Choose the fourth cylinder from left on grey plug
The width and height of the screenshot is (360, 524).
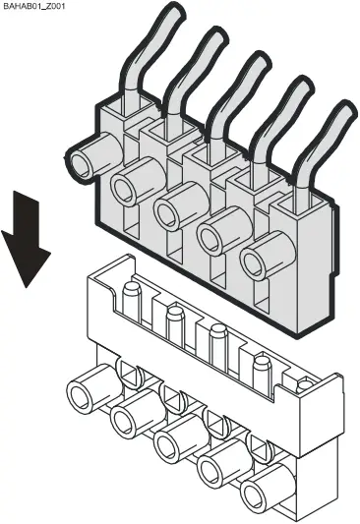pyautogui.click(x=213, y=237)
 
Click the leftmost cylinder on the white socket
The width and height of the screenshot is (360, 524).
pyautogui.click(x=81, y=399)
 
